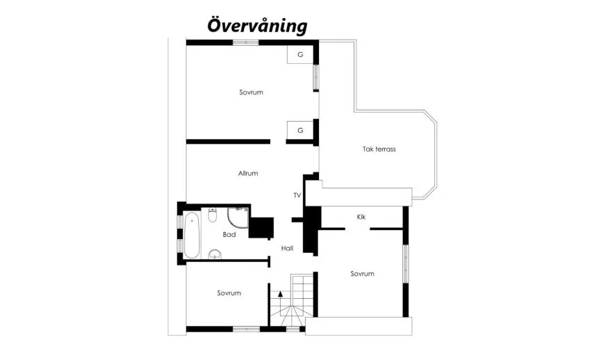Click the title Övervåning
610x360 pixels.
pyautogui.click(x=257, y=26)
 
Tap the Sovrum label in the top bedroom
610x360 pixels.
pyautogui.click(x=251, y=92)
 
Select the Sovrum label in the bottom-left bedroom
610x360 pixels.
pyautogui.click(x=229, y=293)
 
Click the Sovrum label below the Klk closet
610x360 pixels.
pyautogui.click(x=362, y=274)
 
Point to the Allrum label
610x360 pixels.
pyautogui.click(x=248, y=173)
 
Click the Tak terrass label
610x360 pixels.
pyautogui.click(x=379, y=149)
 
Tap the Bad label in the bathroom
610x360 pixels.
pyautogui.click(x=229, y=235)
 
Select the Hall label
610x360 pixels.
pyautogui.click(x=288, y=248)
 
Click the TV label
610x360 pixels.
pyautogui.click(x=297, y=196)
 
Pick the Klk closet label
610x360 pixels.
pyautogui.click(x=361, y=217)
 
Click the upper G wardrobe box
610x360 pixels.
pyautogui.click(x=300, y=55)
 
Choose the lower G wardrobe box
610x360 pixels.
pyautogui.click(x=300, y=130)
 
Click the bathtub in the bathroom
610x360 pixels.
pyautogui.click(x=192, y=235)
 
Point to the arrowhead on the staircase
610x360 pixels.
pyautogui.click(x=280, y=294)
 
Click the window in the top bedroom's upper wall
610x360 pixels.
pyautogui.click(x=245, y=42)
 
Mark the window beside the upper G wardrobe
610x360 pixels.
pyautogui.click(x=315, y=77)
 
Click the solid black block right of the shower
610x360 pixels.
pyautogui.click(x=262, y=227)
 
